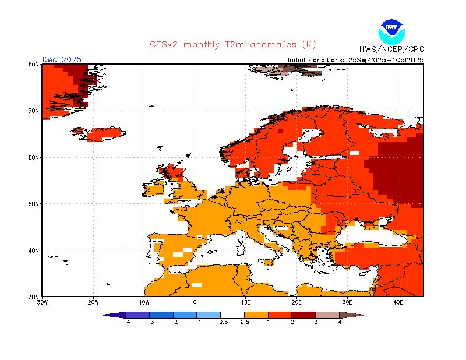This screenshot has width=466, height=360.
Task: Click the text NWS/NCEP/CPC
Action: (x=391, y=49)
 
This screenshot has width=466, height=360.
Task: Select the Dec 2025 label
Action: (x=62, y=59)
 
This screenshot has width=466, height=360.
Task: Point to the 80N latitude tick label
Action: (x=34, y=64)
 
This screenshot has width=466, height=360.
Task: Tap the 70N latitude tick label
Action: (x=34, y=111)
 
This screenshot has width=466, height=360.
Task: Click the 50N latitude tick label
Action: (x=34, y=204)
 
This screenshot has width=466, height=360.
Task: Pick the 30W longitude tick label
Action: (x=42, y=302)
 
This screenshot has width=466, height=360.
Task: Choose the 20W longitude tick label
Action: (x=93, y=302)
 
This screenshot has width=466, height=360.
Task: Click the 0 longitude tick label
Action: (x=195, y=302)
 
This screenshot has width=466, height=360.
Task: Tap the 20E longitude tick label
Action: (x=296, y=302)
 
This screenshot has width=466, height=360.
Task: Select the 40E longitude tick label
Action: (x=398, y=302)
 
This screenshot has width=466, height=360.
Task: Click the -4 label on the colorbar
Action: (x=125, y=322)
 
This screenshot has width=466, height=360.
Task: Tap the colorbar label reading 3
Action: (x=316, y=322)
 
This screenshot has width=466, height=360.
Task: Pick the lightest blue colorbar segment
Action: (x=209, y=315)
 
